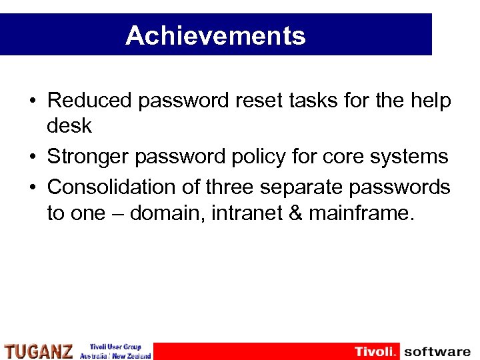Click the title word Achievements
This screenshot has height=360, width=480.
click(x=215, y=35)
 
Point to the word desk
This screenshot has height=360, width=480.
click(x=69, y=125)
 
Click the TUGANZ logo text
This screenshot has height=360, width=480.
click(x=39, y=351)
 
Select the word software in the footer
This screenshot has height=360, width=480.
click(x=437, y=351)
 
